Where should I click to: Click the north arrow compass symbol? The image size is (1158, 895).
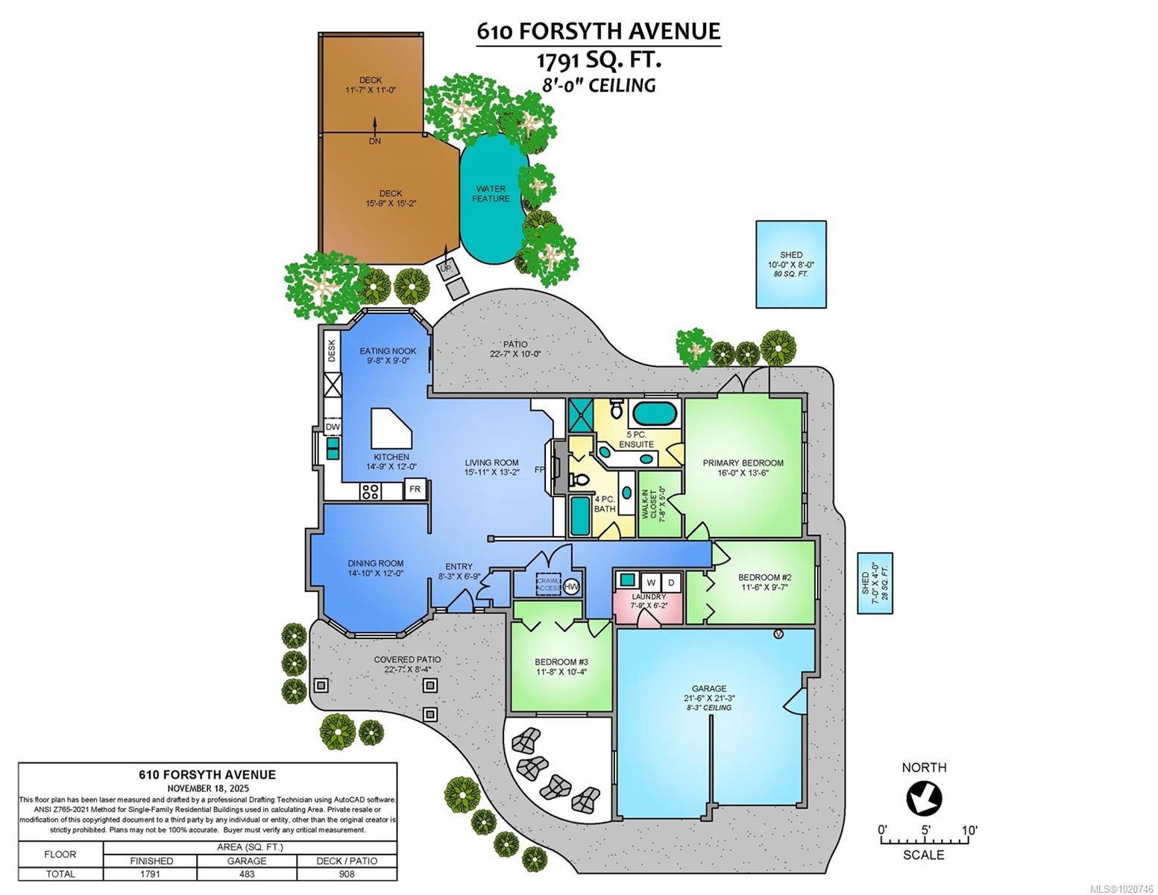(x=924, y=799)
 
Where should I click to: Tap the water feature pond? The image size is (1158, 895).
(x=490, y=198)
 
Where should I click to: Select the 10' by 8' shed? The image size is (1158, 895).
(x=791, y=264)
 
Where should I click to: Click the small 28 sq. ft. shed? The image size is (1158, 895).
(x=875, y=583)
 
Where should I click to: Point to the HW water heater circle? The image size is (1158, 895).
(x=572, y=587)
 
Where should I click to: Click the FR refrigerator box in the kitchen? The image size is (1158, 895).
(x=415, y=490)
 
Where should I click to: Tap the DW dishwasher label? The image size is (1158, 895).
(x=333, y=427)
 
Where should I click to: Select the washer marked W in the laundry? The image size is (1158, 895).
(x=650, y=582)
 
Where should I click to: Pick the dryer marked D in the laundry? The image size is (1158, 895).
(x=670, y=582)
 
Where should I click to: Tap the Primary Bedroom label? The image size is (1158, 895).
(x=743, y=463)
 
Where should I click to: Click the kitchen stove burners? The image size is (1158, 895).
(x=370, y=491)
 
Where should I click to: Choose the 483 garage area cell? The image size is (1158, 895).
(x=246, y=873)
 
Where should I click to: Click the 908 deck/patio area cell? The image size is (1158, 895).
(x=347, y=873)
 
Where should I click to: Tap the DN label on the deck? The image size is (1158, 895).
(x=374, y=141)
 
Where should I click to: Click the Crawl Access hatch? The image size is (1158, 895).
(x=549, y=583)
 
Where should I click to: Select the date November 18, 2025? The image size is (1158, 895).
(x=207, y=788)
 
